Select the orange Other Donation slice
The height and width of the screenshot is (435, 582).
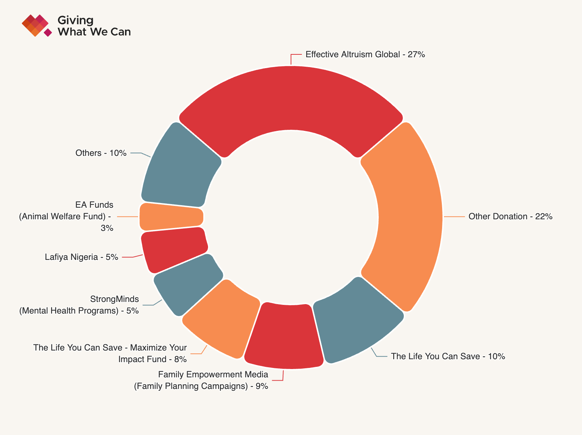click(x=410, y=217)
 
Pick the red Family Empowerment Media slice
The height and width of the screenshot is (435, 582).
click(x=284, y=335)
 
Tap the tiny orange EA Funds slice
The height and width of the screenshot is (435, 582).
click(x=171, y=217)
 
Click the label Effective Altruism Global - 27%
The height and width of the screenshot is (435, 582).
click(x=365, y=54)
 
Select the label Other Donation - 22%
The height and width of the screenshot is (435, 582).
click(x=510, y=217)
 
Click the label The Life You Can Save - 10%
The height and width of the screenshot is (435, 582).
click(x=448, y=356)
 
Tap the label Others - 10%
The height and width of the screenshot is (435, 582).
click(x=101, y=153)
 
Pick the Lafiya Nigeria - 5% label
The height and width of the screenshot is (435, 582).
click(x=82, y=257)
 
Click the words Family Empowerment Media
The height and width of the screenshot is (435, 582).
click(x=213, y=374)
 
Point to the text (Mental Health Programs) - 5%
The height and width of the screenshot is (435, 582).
click(x=79, y=311)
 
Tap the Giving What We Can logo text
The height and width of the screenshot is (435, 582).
click(x=93, y=26)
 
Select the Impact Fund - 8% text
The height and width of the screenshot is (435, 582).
click(x=152, y=359)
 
